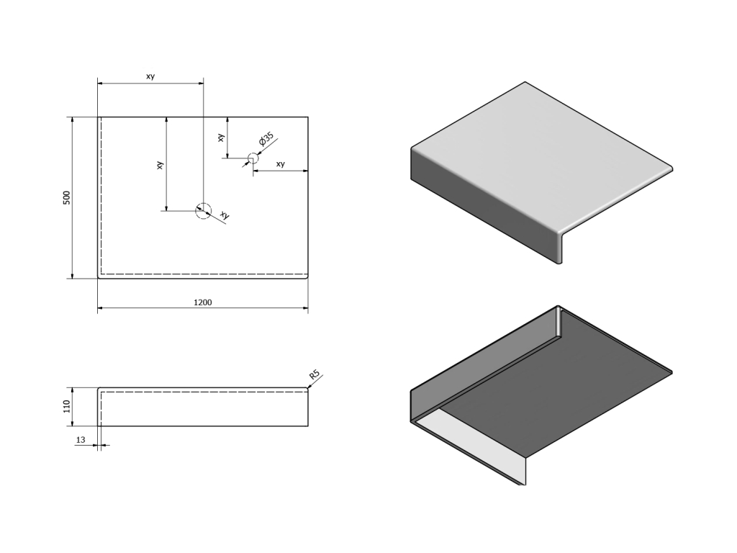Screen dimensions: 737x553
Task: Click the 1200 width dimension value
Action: pyautogui.click(x=203, y=303)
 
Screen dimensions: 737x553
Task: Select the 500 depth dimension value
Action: pyautogui.click(x=66, y=197)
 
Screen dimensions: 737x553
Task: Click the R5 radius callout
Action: pyautogui.click(x=315, y=376)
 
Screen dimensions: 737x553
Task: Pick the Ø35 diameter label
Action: pyautogui.click(x=266, y=139)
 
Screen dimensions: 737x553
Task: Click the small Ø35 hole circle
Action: pyautogui.click(x=253, y=158)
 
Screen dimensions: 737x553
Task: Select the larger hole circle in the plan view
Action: pyautogui.click(x=204, y=210)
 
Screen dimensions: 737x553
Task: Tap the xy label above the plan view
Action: pyautogui.click(x=150, y=76)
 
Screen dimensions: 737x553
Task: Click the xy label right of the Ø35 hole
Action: pyautogui.click(x=281, y=164)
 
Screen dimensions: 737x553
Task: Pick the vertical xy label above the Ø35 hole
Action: pyautogui.click(x=222, y=137)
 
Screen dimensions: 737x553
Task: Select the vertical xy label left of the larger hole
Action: pyautogui.click(x=160, y=165)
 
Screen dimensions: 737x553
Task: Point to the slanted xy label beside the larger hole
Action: pyautogui.click(x=225, y=215)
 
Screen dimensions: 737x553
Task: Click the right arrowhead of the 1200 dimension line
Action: pyautogui.click(x=306, y=308)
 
